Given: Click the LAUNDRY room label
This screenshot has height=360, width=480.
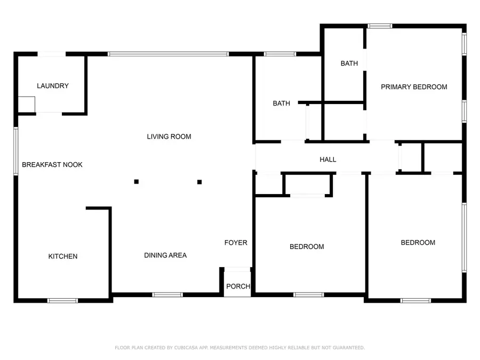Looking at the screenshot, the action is click(53, 86).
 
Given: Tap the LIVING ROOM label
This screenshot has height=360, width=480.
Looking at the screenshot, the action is click(169, 137).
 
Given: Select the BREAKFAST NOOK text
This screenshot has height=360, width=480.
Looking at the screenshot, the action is click(52, 165).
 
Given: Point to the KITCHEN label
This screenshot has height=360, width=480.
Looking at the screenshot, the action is click(63, 256).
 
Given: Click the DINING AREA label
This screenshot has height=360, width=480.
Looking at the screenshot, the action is click(165, 255).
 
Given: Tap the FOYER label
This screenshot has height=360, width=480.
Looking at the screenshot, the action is click(236, 243).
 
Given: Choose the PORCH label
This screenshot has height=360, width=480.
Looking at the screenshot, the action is click(238, 286).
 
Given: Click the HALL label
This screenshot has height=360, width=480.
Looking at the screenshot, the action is click(328, 159).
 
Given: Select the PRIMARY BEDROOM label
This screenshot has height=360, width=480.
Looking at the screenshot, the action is click(414, 87).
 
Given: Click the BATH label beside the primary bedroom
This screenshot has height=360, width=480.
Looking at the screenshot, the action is click(349, 63).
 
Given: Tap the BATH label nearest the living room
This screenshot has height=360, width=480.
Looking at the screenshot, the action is click(281, 103).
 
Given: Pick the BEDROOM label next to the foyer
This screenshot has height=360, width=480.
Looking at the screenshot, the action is click(307, 247).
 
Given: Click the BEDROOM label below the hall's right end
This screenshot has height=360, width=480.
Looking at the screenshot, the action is click(418, 243).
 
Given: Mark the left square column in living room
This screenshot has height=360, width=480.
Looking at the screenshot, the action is click(137, 181).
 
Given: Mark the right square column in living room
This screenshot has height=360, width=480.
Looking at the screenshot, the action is click(199, 182).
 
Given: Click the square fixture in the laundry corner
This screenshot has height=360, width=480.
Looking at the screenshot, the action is click(26, 105).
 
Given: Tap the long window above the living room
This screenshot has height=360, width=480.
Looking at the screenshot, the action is click(169, 54).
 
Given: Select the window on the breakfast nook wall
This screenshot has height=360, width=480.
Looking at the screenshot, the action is click(16, 151).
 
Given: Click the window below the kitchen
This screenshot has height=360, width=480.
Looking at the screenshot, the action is click(62, 301).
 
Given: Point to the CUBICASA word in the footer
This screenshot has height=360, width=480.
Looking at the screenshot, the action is click(186, 348).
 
